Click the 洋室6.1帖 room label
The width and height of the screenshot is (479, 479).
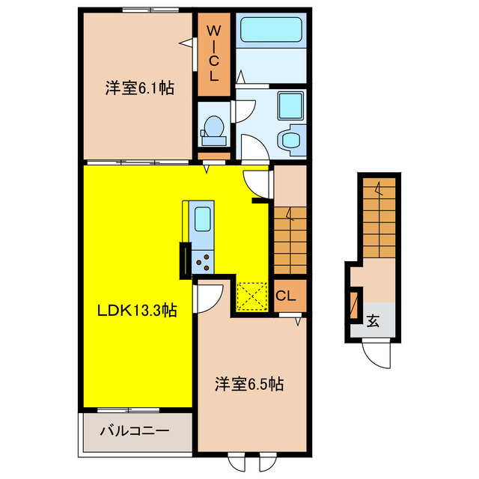139,88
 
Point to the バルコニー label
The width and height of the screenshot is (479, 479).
135,431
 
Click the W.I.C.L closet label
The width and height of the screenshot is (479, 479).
213,53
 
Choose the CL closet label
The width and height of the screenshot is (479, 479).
287,295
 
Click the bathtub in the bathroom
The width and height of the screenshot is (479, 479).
272,32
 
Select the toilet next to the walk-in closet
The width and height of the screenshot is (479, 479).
214,130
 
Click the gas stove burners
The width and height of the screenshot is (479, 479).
203,260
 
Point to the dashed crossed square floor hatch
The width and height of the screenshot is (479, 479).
252,294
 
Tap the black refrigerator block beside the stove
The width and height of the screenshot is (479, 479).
184,261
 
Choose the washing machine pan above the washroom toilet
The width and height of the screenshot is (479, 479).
288,106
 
